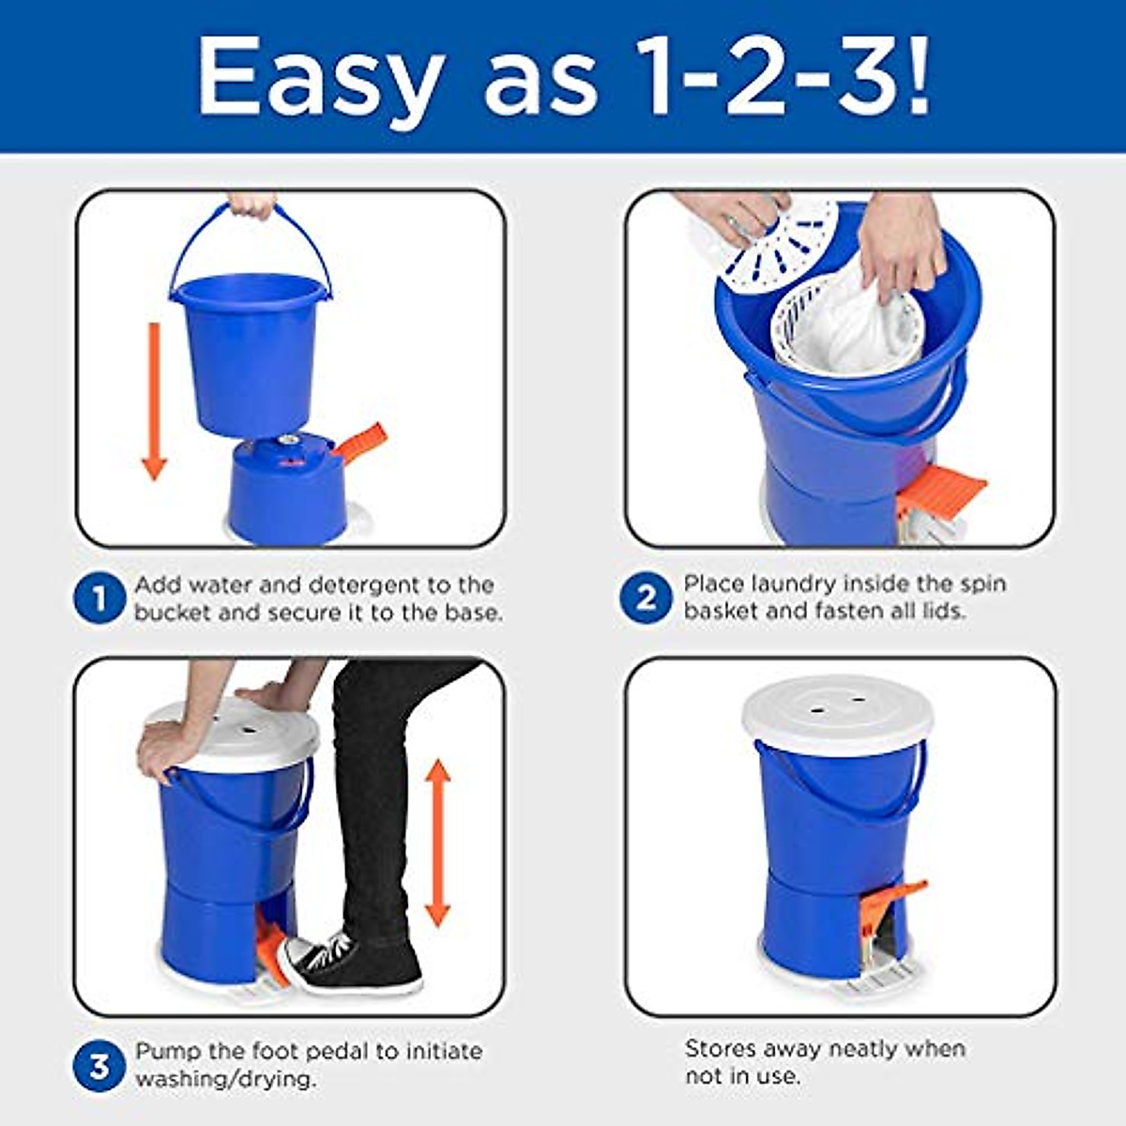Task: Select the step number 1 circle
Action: pos(99,598)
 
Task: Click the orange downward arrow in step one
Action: pos(154,401)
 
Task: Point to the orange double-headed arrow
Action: pos(437,844)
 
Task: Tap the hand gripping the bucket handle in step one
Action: pos(252,205)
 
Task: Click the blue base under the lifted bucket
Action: pos(287,488)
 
